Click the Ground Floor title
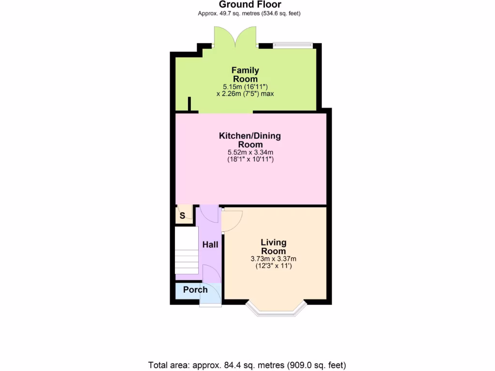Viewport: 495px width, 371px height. pos(249,4)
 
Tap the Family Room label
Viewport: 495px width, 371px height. pos(245,74)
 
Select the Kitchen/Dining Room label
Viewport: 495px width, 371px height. pos(250,140)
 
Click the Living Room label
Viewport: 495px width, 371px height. pos(274,246)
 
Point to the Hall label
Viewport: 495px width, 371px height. pos(210,245)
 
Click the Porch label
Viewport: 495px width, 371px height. pos(195,290)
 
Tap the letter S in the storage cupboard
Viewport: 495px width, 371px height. pos(182,216)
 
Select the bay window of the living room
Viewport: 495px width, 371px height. pos(277,311)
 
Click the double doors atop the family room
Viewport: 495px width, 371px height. pos(235,37)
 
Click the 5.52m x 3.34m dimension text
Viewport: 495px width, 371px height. pos(249,152)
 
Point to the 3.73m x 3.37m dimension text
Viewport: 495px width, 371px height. pos(274,259)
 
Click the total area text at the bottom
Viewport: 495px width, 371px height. pos(247,365)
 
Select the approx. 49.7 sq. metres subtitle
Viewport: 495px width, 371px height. pos(249,14)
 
